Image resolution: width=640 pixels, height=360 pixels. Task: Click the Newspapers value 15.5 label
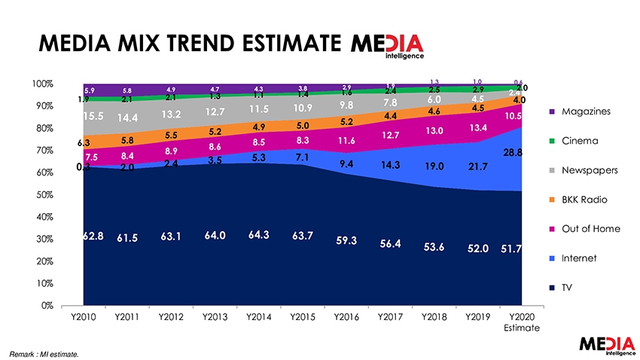click(93, 117)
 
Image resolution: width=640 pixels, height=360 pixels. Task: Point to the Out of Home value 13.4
click(479, 127)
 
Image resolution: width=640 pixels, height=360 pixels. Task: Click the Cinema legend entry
click(578, 141)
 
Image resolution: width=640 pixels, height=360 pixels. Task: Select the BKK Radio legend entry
click(584, 200)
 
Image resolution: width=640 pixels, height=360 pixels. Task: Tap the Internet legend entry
click(579, 258)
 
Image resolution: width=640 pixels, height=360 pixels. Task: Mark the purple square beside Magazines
click(553, 111)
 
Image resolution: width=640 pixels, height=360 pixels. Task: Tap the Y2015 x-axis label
click(303, 317)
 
